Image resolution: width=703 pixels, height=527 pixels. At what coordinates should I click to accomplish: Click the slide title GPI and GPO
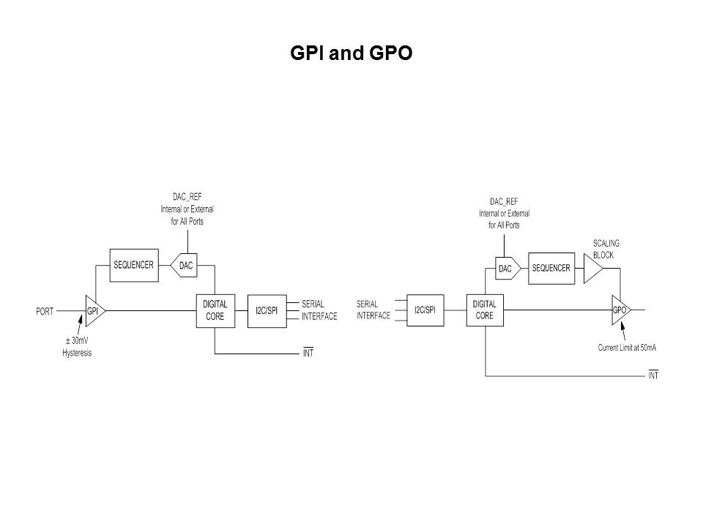351,53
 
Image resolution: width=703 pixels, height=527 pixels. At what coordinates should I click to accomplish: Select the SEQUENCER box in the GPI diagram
134,265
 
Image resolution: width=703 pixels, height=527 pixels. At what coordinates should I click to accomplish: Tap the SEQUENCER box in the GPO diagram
551,269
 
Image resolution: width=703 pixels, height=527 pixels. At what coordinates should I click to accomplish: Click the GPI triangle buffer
95,311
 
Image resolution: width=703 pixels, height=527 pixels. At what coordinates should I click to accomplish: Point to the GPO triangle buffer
621,310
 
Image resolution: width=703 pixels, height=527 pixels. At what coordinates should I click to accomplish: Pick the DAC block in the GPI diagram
185,265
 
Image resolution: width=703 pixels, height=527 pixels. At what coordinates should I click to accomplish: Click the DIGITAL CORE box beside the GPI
215,311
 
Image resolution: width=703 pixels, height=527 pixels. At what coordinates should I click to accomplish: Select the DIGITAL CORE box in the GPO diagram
485,310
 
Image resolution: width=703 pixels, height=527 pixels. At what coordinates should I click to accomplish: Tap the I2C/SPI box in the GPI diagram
267,311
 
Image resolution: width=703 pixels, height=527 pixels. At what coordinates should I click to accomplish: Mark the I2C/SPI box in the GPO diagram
425,310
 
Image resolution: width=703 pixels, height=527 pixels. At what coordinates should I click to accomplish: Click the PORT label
45,311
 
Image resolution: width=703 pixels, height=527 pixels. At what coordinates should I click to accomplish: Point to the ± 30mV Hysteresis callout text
77,347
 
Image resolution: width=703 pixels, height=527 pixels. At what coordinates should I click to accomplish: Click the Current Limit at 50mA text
628,348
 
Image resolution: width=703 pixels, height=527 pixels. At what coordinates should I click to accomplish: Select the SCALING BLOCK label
606,249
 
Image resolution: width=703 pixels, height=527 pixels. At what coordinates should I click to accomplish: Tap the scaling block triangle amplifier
592,269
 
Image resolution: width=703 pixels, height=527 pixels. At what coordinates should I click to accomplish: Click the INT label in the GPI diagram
308,353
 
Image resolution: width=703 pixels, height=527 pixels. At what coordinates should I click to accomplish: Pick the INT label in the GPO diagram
653,375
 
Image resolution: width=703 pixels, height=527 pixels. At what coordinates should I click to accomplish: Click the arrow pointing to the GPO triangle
623,333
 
